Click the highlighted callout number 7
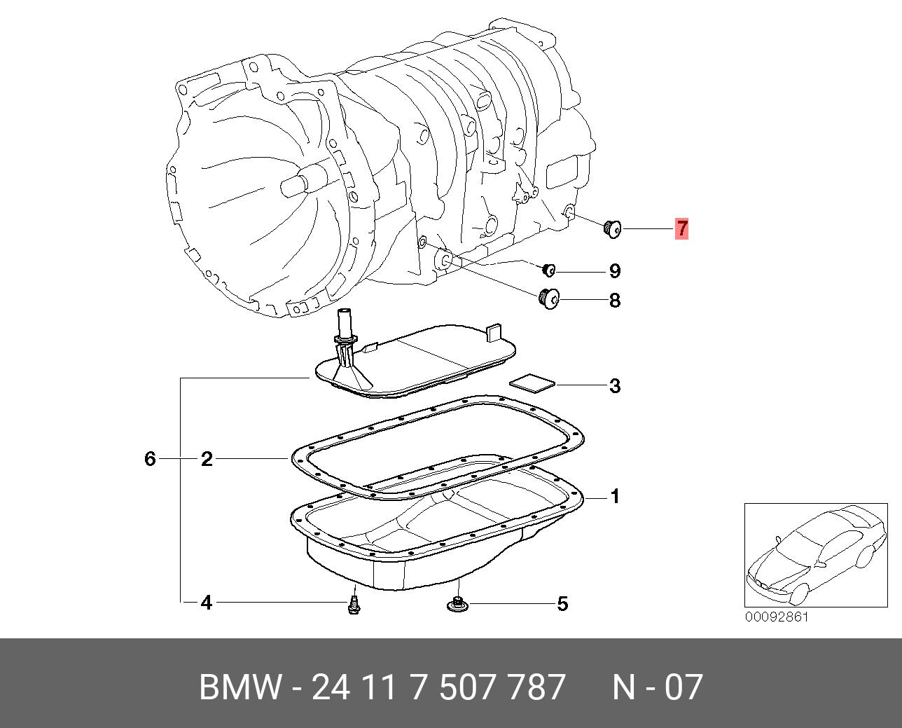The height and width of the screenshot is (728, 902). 681,228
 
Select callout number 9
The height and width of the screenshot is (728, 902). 614,271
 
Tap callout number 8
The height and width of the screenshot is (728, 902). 614,301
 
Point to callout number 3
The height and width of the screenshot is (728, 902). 614,385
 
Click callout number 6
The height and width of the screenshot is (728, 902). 150,459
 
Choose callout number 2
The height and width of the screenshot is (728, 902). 207,459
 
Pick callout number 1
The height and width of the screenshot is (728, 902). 614,497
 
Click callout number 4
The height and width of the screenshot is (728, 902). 207,603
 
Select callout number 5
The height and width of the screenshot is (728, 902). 562,603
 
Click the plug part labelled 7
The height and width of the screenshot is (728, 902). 613,228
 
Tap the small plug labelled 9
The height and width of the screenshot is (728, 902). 549,270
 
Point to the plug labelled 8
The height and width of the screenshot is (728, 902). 550,299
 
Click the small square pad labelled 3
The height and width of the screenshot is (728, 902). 532,383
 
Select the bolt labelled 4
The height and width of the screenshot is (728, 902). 354,605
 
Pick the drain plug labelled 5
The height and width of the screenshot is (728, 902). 458,603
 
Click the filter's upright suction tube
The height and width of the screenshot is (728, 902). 345,324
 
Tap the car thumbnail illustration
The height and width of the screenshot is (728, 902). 815,554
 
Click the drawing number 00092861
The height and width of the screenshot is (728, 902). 776,617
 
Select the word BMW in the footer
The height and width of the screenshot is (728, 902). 240,687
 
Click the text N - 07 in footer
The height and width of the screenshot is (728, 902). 657,687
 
